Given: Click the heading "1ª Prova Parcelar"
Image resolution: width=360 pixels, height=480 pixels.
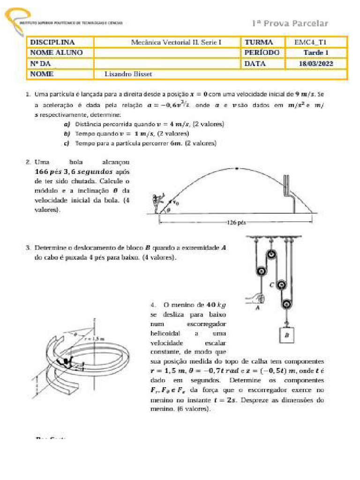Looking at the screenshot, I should (x=290, y=23).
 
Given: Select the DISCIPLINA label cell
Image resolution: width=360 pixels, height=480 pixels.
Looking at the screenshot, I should (x=52, y=42).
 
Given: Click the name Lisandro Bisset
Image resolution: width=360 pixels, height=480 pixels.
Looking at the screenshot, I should (x=130, y=74).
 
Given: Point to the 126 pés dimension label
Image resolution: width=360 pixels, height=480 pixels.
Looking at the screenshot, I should (x=236, y=223).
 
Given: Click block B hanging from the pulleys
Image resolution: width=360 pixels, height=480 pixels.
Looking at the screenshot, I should (x=285, y=335).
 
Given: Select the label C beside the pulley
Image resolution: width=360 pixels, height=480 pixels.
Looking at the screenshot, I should (x=271, y=284).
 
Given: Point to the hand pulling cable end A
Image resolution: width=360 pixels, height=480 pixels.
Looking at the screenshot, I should (x=258, y=298).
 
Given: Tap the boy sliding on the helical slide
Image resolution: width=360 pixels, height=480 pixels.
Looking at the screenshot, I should (x=66, y=360).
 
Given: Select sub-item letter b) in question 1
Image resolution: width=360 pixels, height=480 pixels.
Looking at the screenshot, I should (x=67, y=134).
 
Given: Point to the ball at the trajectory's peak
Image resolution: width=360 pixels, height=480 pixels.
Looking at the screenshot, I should (x=237, y=168).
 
